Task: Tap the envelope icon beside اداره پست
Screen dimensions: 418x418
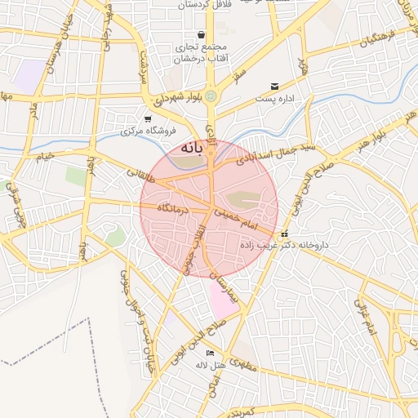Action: pyautogui.click(x=274, y=86)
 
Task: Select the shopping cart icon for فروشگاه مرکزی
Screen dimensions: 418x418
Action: pyautogui.click(x=147, y=119)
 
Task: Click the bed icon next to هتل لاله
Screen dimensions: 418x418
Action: pyautogui.click(x=211, y=353)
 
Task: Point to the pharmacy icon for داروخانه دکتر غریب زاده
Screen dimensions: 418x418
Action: pyautogui.click(x=284, y=235)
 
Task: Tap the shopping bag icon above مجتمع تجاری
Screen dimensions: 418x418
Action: pyautogui.click(x=201, y=36)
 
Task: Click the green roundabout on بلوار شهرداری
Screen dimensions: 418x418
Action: pyautogui.click(x=211, y=96)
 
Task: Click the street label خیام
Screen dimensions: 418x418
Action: pyautogui.click(x=46, y=156)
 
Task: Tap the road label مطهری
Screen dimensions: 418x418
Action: pyautogui.click(x=243, y=366)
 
